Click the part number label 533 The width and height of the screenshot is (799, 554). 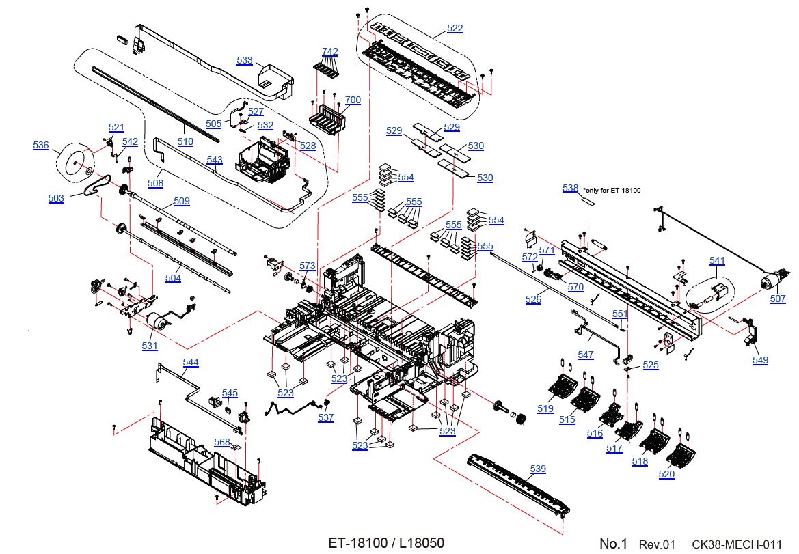(245, 60)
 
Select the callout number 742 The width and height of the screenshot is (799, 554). (329, 51)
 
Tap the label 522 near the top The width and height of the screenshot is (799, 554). (455, 28)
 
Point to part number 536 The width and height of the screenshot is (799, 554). (41, 145)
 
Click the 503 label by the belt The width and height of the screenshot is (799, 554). (56, 198)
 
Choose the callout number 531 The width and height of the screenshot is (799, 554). (150, 346)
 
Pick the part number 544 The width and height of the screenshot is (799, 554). (191, 363)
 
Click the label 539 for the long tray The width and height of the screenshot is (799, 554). (538, 469)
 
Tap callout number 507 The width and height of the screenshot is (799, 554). (778, 299)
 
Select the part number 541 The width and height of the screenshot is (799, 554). (717, 261)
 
